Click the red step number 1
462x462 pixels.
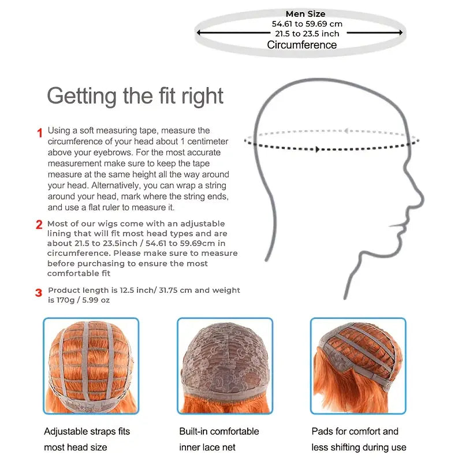(x=40, y=133)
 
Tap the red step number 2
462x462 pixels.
(x=39, y=225)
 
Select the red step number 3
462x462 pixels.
(x=39, y=293)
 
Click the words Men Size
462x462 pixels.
(x=305, y=14)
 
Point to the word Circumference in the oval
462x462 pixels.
(x=301, y=45)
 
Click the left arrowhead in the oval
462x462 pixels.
(x=199, y=32)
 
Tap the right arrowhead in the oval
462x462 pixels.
(x=401, y=32)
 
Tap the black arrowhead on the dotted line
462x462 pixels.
(x=317, y=150)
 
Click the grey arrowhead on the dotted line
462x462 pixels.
(x=346, y=131)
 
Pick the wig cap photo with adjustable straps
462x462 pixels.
(x=91, y=366)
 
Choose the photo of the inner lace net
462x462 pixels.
(x=225, y=366)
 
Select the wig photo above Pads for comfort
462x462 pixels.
(x=358, y=366)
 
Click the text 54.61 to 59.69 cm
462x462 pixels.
(x=307, y=24)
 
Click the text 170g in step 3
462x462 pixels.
(x=65, y=300)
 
